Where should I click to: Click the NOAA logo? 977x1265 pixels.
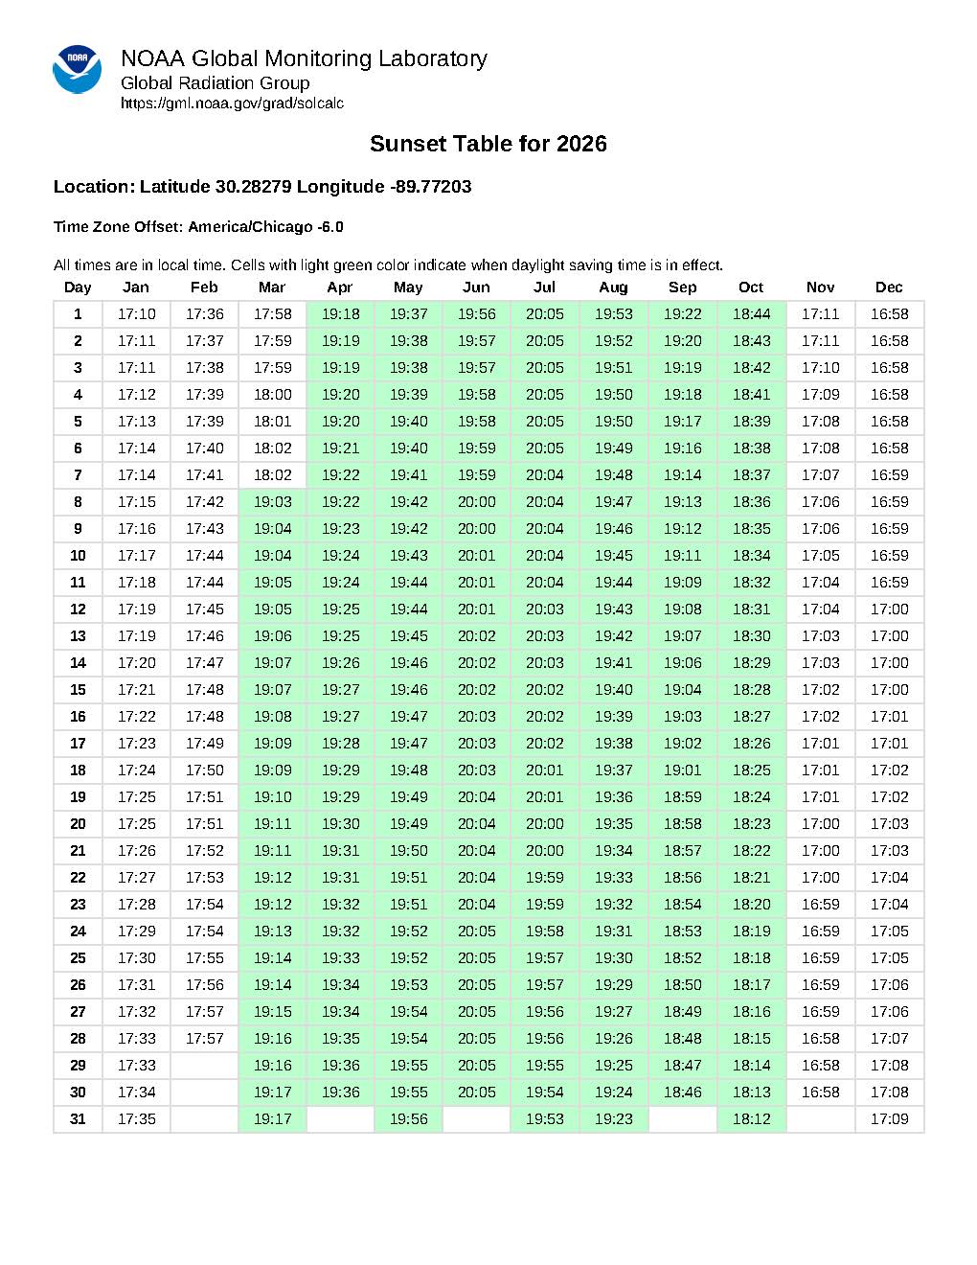click(77, 69)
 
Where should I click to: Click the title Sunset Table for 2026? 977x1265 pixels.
click(488, 144)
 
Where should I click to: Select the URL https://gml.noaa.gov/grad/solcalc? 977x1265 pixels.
click(232, 103)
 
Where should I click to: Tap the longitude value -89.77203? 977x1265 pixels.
click(431, 186)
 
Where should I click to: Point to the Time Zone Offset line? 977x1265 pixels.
click(198, 227)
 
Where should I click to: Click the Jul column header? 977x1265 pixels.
click(544, 287)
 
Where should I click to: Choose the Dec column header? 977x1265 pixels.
click(889, 287)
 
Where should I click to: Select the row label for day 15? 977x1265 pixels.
click(79, 690)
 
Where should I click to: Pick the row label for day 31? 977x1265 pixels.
click(79, 1119)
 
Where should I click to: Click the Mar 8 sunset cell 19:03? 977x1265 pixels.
click(272, 502)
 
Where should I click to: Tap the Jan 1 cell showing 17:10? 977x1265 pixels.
click(136, 314)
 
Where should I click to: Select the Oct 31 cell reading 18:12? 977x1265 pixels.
click(751, 1119)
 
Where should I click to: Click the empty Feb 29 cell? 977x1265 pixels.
click(204, 1066)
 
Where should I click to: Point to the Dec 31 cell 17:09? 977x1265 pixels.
click(889, 1119)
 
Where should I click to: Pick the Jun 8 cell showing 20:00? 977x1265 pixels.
click(476, 502)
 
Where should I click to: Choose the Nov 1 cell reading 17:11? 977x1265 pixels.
click(820, 314)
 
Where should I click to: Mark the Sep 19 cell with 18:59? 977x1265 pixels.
click(682, 797)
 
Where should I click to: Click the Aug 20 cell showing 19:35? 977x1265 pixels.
click(613, 824)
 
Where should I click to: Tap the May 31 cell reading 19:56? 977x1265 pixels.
click(408, 1119)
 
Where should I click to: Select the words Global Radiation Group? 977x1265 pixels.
click(215, 82)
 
